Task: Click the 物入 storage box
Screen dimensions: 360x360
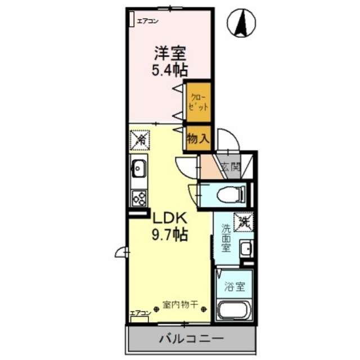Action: click(198, 138)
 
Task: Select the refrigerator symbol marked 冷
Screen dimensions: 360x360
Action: click(138, 139)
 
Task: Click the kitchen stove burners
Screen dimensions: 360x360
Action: click(138, 197)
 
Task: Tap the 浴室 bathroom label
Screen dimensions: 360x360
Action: click(235, 286)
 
